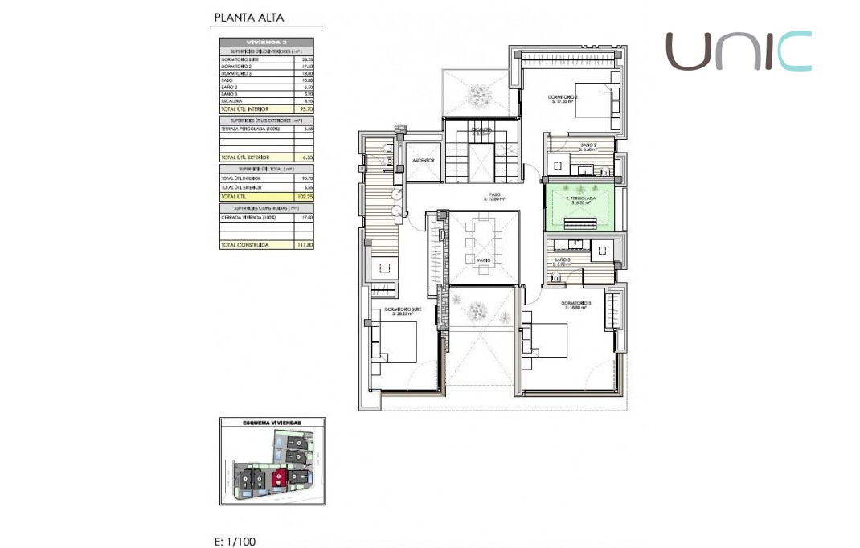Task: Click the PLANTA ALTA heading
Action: [x=248, y=18]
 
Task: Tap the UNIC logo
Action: [x=738, y=51]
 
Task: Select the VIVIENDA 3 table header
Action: [x=266, y=42]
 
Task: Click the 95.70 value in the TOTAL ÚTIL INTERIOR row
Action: [x=306, y=108]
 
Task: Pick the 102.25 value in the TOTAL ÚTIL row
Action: [x=306, y=196]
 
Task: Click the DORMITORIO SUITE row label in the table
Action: [x=239, y=59]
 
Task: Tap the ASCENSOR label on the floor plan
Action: [x=423, y=161]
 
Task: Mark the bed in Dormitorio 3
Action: [x=547, y=341]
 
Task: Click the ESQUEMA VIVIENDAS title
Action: [x=272, y=422]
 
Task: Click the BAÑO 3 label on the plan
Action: [x=563, y=261]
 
